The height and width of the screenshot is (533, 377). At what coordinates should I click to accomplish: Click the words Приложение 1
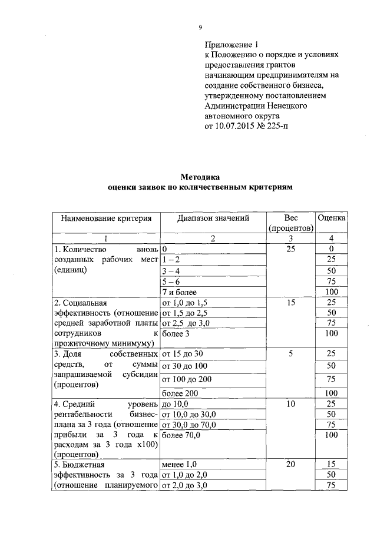coord(232,44)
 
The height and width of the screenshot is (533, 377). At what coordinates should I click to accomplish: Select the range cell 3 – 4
coord(171,270)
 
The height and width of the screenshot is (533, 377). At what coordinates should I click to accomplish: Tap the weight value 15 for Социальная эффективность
coord(290,302)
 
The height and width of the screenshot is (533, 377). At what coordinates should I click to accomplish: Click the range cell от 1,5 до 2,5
coord(185,312)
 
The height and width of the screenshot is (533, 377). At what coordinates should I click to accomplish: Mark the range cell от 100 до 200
coord(186,379)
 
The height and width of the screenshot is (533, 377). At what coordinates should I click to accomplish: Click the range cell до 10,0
coord(174,403)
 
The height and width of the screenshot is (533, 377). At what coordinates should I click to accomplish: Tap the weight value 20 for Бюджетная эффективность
coord(290,465)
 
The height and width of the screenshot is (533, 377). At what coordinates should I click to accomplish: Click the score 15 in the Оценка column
coord(331,465)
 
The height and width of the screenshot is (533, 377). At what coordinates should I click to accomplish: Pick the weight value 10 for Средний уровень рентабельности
coord(290,403)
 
